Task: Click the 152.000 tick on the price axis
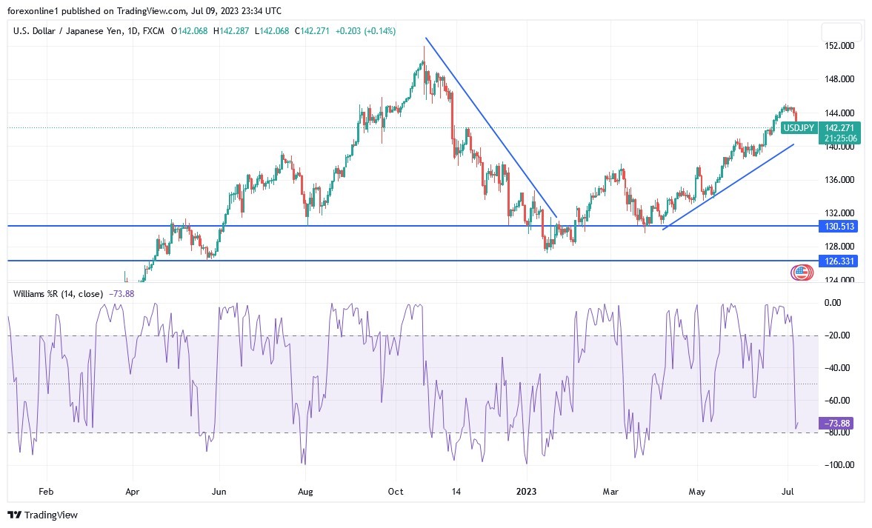click(x=839, y=46)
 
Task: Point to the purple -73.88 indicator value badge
click(x=837, y=423)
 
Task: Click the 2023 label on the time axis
click(x=527, y=490)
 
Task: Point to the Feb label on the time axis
click(x=46, y=490)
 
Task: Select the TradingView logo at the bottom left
click(x=43, y=515)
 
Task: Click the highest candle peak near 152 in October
click(x=424, y=47)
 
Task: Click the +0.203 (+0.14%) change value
click(x=365, y=31)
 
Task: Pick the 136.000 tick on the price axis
click(x=839, y=180)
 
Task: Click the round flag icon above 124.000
click(x=801, y=273)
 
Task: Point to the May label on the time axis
click(x=697, y=490)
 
